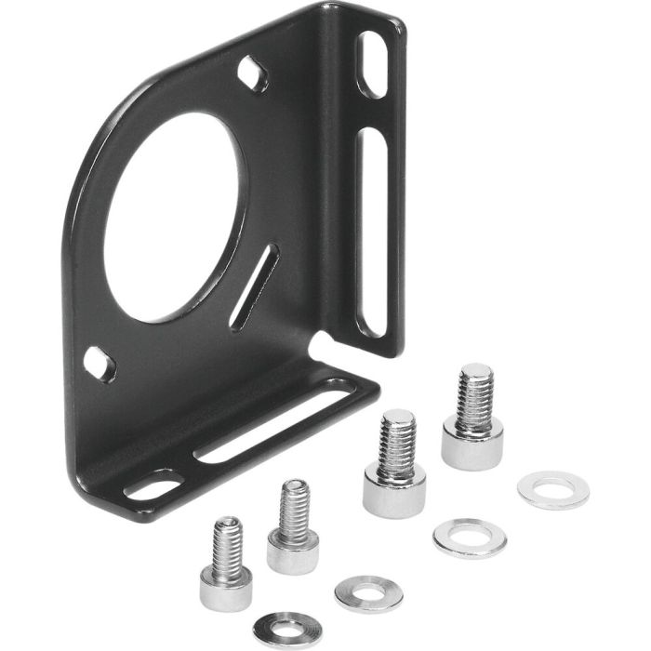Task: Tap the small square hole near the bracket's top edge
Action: (252, 73)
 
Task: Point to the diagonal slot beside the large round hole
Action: (253, 286)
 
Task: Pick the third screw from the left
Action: (394, 465)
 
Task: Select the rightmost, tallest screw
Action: (473, 418)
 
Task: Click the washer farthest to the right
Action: (552, 490)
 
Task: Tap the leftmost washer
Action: (288, 628)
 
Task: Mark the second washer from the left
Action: (368, 593)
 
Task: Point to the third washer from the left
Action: (469, 538)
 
